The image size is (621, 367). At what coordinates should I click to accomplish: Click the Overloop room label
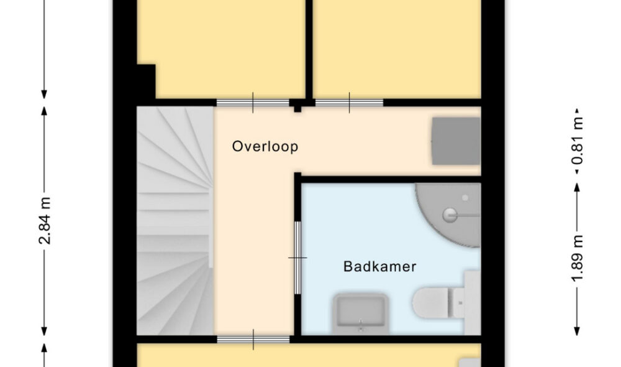pyautogui.click(x=265, y=146)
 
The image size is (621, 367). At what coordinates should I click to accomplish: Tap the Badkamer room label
pyautogui.click(x=380, y=266)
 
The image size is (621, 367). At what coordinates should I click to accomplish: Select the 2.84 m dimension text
pyautogui.click(x=45, y=221)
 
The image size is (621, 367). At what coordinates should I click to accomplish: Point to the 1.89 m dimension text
pyautogui.click(x=577, y=258)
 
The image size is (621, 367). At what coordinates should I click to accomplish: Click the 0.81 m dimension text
pyautogui.click(x=577, y=141)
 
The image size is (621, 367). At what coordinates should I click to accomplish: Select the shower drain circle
pyautogui.click(x=450, y=215)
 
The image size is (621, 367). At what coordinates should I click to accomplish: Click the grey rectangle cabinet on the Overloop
pyautogui.click(x=456, y=141)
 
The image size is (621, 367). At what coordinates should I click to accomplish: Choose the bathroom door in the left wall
pyautogui.click(x=297, y=258)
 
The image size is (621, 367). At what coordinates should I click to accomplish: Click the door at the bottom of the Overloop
pyautogui.click(x=253, y=340)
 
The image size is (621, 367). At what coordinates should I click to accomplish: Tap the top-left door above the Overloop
pyautogui.click(x=253, y=103)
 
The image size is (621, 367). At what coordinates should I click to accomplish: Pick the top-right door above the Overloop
pyautogui.click(x=349, y=103)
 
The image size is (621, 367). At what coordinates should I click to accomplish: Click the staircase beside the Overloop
pyautogui.click(x=175, y=221)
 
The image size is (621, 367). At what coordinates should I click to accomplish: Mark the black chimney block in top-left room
pyautogui.click(x=146, y=81)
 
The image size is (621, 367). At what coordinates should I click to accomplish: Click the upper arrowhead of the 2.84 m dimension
pyautogui.click(x=44, y=111)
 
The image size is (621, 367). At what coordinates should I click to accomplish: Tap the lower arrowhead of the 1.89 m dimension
pyautogui.click(x=577, y=331)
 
